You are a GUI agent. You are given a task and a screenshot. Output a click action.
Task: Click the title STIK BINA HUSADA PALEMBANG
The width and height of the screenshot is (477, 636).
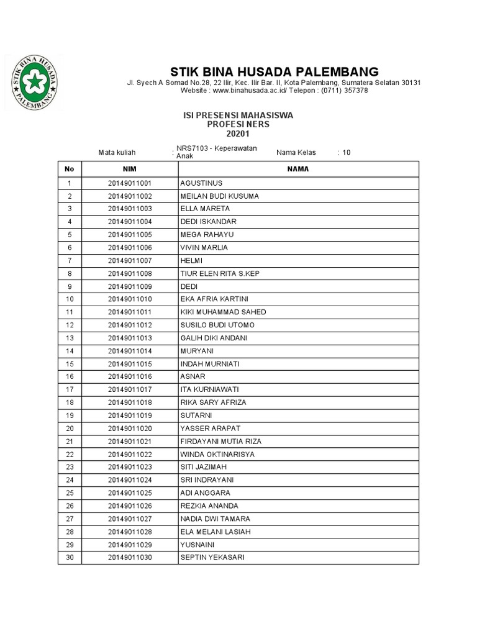point(274,71)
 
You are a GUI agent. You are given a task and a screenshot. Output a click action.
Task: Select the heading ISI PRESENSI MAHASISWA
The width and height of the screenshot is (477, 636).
point(237,116)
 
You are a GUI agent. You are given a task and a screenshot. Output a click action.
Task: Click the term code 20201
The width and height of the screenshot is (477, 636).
point(237,134)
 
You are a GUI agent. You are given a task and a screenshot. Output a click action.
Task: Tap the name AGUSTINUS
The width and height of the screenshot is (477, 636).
point(201,183)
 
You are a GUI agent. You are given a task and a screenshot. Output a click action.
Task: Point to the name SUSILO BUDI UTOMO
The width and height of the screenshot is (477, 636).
point(217,325)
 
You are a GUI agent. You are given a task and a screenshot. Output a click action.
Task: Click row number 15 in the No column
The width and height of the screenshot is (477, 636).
point(70,364)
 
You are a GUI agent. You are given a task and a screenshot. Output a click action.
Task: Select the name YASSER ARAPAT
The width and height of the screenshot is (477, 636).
point(210,429)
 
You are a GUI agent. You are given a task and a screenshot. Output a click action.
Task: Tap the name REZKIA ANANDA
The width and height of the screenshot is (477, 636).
point(209,506)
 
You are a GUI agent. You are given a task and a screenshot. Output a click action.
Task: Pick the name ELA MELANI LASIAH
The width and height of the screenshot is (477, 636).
point(216,532)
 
